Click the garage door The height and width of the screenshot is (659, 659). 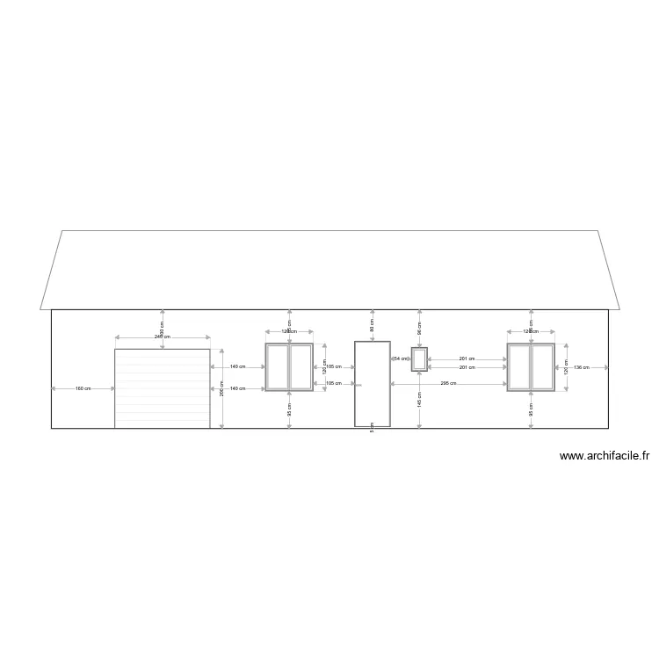(x=162, y=388)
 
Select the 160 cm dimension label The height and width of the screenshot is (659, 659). (x=83, y=388)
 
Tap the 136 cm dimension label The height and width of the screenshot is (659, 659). (x=582, y=367)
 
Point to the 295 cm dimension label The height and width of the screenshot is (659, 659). (x=448, y=384)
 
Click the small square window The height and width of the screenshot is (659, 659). (x=419, y=359)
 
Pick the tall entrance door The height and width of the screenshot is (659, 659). (x=372, y=384)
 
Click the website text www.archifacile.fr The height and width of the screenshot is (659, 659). (x=604, y=456)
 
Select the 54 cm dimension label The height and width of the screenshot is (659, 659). (x=401, y=359)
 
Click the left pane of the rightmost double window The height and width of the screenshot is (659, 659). (x=519, y=366)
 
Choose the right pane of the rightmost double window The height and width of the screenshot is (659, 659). (x=541, y=366)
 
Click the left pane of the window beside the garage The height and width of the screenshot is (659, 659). (x=278, y=366)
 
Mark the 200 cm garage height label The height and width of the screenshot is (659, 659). (x=222, y=387)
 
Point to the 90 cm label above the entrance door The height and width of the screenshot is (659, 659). (x=373, y=324)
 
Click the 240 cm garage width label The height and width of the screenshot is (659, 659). (x=162, y=337)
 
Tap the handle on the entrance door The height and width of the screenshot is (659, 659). (x=357, y=385)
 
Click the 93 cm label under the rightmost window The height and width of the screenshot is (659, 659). (x=531, y=409)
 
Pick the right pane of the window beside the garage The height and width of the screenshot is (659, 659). (x=301, y=366)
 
